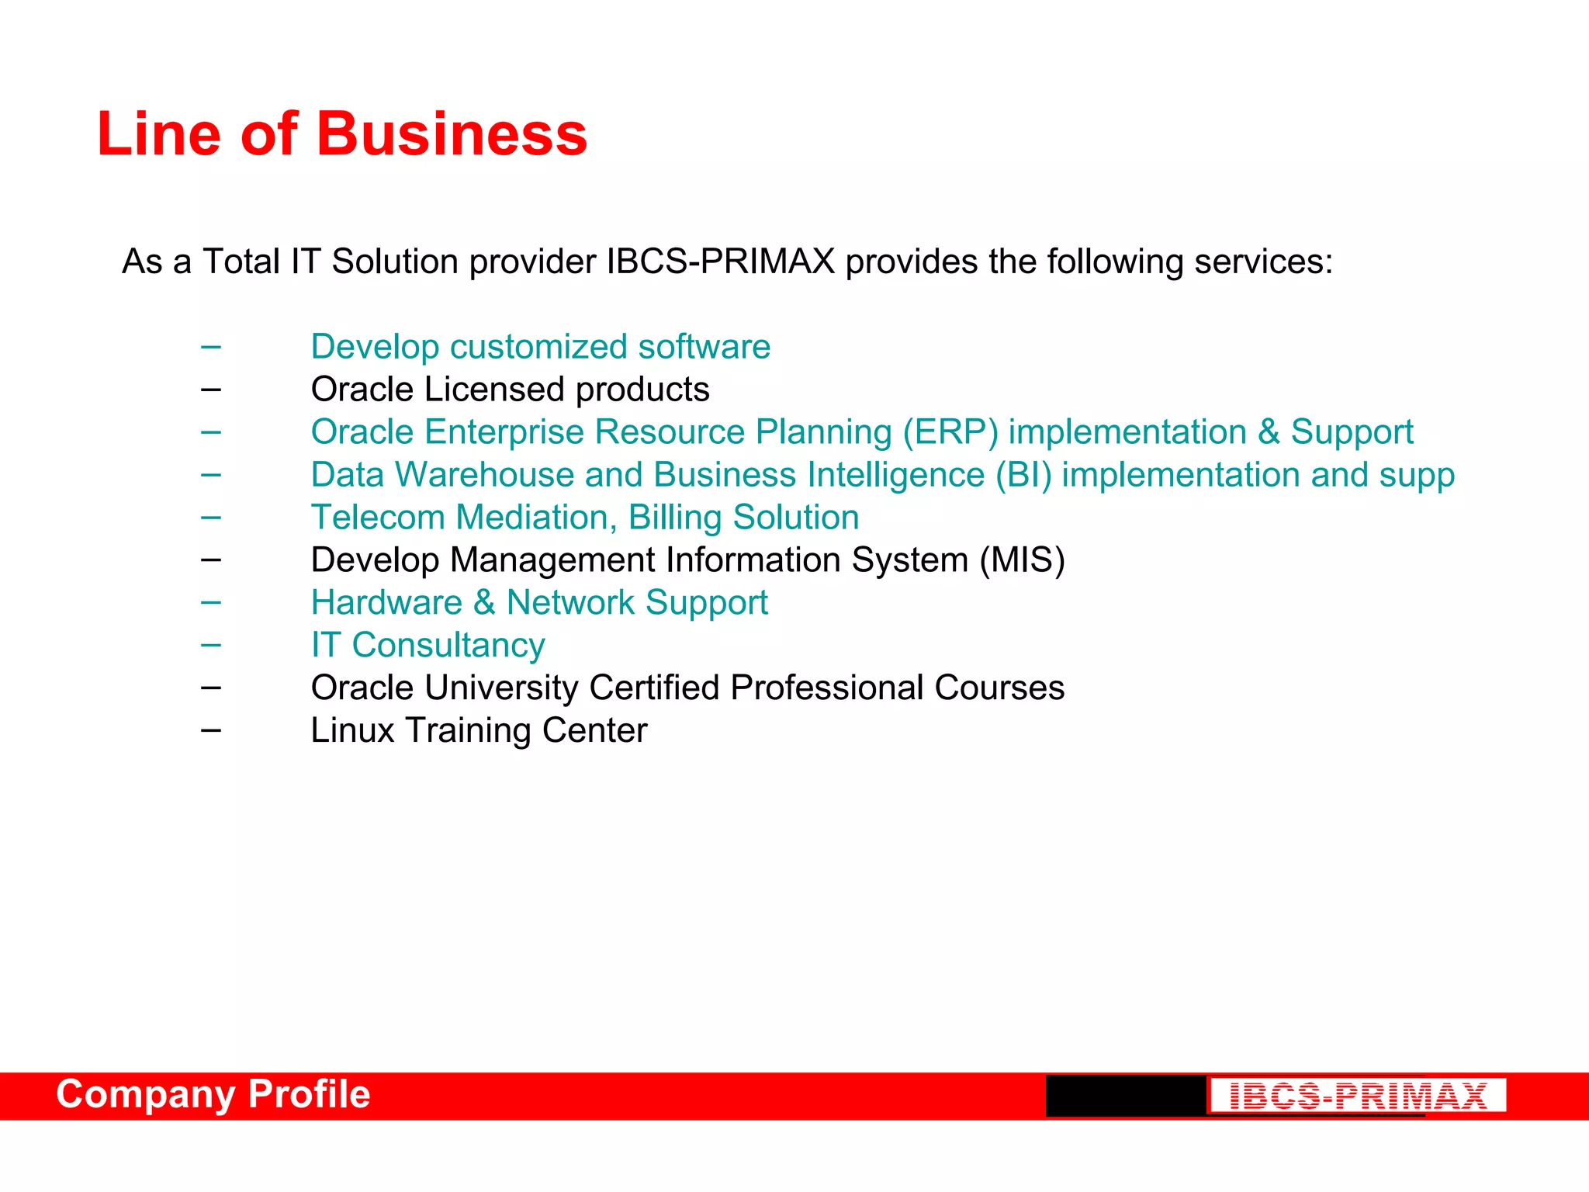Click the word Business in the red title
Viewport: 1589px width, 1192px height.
pos(452,133)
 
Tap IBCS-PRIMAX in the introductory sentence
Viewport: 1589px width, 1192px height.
pos(720,262)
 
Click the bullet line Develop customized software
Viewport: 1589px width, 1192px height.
pos(540,347)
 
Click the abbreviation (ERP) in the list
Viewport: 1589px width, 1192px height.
pos(950,432)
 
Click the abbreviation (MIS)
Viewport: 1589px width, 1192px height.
pos(1022,560)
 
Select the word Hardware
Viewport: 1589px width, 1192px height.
pos(386,603)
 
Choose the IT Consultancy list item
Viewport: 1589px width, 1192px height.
pos(428,646)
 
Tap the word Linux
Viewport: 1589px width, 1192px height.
pos(352,731)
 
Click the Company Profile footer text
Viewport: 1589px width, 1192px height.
pos(213,1094)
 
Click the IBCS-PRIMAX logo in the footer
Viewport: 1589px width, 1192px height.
pos(1358,1096)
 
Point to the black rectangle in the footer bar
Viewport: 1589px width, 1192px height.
pos(1125,1096)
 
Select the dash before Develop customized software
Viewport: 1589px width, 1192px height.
pos(210,346)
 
